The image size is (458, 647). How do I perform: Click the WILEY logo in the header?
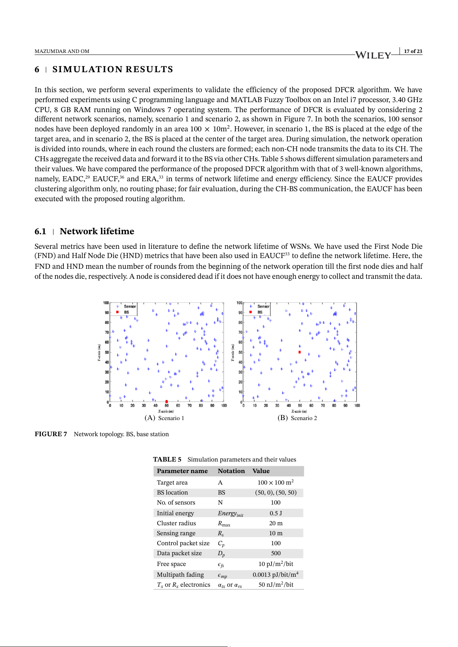pyautogui.click(x=373, y=55)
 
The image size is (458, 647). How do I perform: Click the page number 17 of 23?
pyautogui.click(x=413, y=51)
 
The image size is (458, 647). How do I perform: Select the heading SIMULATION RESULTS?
pyautogui.click(x=113, y=69)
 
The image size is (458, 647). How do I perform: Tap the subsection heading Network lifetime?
pyautogui.click(x=97, y=231)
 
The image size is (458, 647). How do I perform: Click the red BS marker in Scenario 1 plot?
pyautogui.click(x=167, y=402)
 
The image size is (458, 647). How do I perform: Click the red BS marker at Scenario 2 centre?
pyautogui.click(x=300, y=352)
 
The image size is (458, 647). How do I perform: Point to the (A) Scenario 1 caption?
pyautogui.click(x=164, y=418)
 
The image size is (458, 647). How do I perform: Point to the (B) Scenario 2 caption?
pyautogui.click(x=297, y=418)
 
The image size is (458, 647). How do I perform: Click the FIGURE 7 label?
pyautogui.click(x=51, y=434)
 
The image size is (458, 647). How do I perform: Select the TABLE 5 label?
pyautogui.click(x=167, y=459)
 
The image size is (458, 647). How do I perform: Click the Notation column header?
pyautogui.click(x=231, y=471)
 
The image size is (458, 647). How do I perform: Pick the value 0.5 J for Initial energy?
pyautogui.click(x=276, y=513)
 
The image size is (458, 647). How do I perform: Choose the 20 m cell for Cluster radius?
pyautogui.click(x=276, y=523)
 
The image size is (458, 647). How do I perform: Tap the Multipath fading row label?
pyautogui.click(x=180, y=574)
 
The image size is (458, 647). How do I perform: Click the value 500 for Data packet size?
pyautogui.click(x=276, y=553)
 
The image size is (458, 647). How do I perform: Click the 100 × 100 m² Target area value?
pyautogui.click(x=275, y=482)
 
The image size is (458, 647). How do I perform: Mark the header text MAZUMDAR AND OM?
pyautogui.click(x=62, y=51)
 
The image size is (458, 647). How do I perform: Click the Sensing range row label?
pyautogui.click(x=176, y=533)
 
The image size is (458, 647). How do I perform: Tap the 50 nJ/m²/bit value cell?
pyautogui.click(x=276, y=584)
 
